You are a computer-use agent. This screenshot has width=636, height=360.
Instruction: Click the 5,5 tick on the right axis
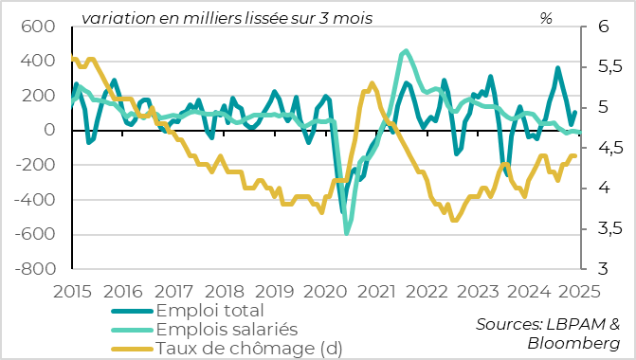click(x=603, y=67)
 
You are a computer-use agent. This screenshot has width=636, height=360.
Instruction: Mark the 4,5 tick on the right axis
click(x=603, y=148)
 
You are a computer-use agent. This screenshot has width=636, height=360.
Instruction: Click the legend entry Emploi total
click(x=209, y=311)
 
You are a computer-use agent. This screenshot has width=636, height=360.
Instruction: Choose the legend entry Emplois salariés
click(x=227, y=329)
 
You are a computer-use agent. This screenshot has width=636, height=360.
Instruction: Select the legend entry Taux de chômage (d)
click(x=248, y=348)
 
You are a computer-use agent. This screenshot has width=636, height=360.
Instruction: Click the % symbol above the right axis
click(x=546, y=18)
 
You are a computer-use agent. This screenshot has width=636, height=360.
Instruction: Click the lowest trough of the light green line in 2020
click(x=347, y=233)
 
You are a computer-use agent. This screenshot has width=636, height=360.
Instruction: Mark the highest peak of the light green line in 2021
click(x=406, y=51)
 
